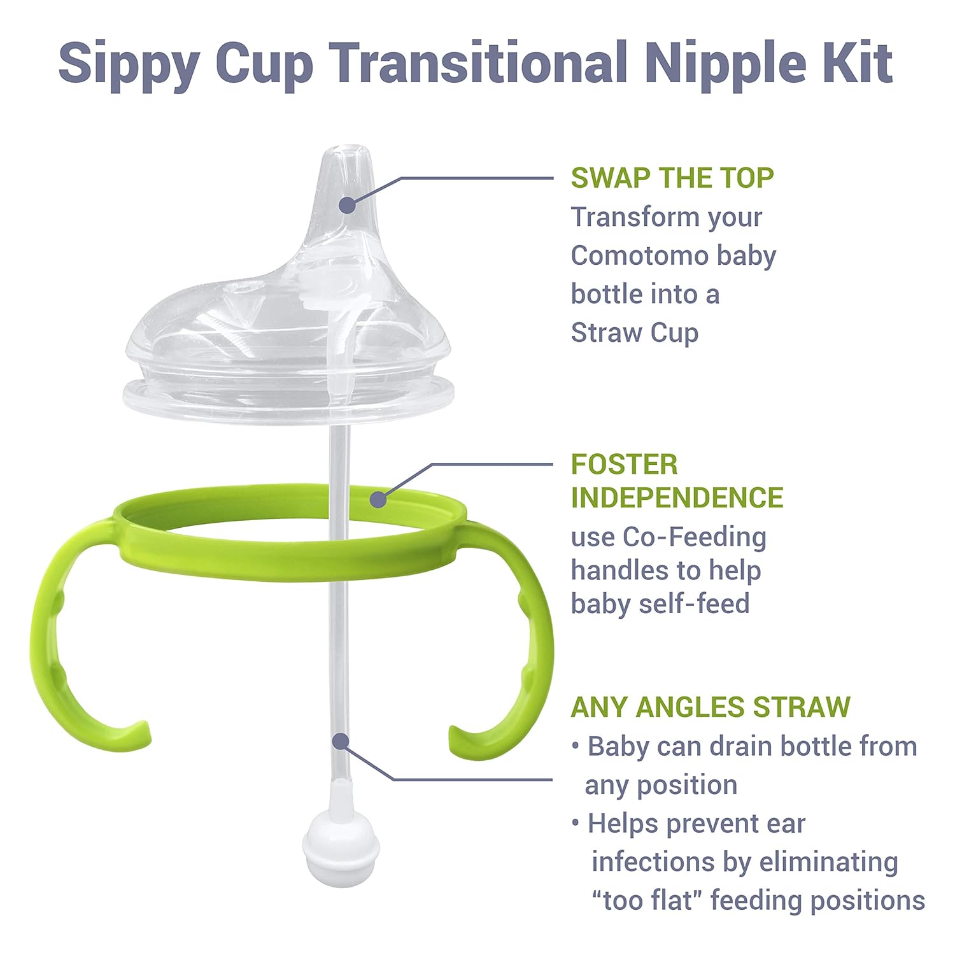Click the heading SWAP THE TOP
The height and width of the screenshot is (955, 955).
[x=672, y=178]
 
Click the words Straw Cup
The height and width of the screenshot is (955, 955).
[x=634, y=333]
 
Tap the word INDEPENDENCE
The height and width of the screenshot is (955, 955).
[x=677, y=498]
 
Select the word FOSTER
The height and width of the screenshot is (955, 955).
[x=624, y=465]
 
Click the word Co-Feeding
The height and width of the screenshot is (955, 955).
[x=695, y=537]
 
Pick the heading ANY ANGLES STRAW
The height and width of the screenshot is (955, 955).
[x=710, y=707]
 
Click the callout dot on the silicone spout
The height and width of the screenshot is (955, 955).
[x=347, y=205]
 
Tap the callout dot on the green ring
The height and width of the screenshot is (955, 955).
[x=378, y=499]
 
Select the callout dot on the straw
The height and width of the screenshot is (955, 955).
[x=341, y=742]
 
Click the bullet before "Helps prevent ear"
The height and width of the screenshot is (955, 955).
[x=576, y=824]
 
